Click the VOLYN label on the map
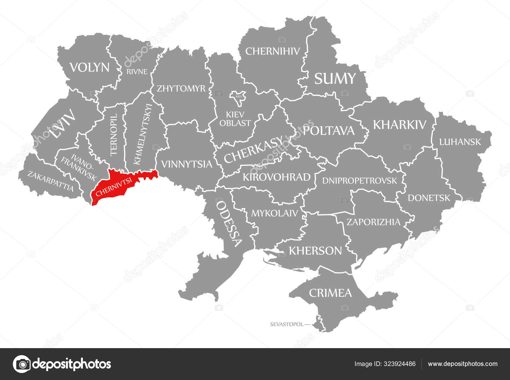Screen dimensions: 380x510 90,68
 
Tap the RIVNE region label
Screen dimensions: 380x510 137,71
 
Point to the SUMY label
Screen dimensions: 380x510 335,79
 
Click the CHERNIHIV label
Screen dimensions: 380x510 273,51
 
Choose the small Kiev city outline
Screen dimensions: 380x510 238,98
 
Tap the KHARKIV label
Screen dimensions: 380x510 399,125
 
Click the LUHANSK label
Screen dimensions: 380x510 460,142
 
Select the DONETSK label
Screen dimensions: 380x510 429,198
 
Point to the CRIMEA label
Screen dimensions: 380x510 330,293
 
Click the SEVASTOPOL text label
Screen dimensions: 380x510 287,325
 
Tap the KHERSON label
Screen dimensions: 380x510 315,251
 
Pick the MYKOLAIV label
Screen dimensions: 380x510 274,213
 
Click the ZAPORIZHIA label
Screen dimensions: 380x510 373,222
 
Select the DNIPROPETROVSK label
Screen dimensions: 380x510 360,181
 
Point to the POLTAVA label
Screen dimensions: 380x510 329,131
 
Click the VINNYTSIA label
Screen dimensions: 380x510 186,164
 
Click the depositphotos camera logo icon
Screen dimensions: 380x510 22,364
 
